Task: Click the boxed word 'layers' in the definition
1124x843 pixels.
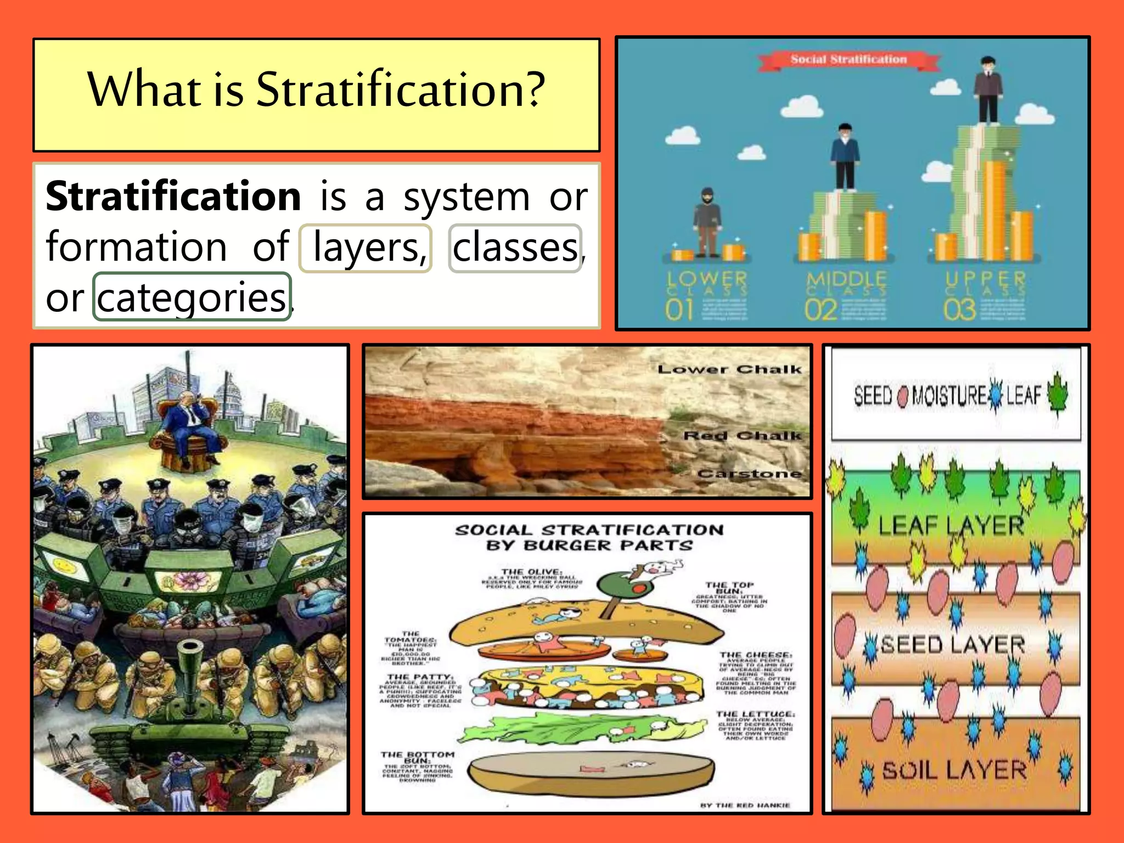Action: (x=366, y=248)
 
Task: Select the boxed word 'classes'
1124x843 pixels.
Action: (x=515, y=248)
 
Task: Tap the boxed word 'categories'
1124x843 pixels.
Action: (x=192, y=297)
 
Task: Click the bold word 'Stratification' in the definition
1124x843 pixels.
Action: (x=173, y=196)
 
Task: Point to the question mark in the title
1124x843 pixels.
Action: (x=533, y=89)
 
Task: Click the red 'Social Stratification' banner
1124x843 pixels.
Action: (x=848, y=60)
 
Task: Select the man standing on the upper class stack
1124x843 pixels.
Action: (x=988, y=91)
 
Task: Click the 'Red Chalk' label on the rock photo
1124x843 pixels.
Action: (x=742, y=436)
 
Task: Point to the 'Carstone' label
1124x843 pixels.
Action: (x=749, y=473)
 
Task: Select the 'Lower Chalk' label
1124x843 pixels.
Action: (x=729, y=369)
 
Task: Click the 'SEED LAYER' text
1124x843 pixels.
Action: (x=952, y=645)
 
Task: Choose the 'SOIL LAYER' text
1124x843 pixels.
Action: (x=954, y=771)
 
